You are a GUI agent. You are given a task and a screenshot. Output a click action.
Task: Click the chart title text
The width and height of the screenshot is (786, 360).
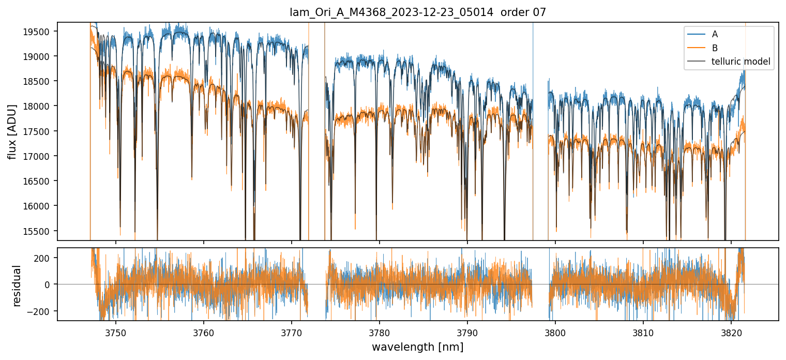tap(417, 12)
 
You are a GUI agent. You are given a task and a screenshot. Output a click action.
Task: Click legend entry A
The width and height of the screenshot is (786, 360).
tap(715, 34)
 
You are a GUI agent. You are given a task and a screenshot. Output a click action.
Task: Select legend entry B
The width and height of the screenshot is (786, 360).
tap(715, 48)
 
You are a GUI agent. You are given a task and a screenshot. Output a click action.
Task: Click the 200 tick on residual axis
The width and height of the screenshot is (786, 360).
tap(45, 258)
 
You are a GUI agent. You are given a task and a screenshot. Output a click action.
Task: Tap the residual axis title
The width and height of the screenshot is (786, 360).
tap(17, 285)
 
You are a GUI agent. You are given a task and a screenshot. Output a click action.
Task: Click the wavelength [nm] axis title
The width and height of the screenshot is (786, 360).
tap(417, 347)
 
